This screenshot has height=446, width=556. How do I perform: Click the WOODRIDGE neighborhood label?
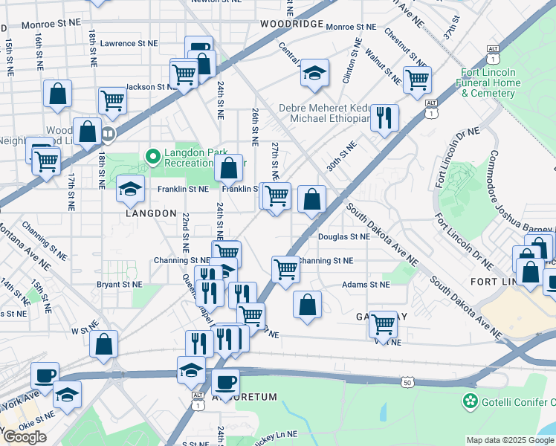291,24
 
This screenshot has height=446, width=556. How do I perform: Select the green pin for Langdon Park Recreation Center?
153,156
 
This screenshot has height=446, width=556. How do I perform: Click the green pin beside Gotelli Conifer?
470,402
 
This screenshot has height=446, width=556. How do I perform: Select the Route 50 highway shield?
407,382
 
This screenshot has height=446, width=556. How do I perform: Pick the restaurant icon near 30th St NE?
384,117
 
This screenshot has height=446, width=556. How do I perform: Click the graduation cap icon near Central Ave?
314,73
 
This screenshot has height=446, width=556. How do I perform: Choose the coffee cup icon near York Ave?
45,376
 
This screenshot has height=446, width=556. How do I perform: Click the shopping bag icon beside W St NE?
104,343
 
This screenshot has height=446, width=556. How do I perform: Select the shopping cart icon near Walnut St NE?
417,78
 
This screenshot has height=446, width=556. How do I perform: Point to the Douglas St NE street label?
343,237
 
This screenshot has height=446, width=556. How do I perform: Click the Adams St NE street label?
366,285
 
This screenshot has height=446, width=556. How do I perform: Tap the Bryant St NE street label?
118,284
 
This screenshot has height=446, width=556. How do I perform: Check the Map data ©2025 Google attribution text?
510,440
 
